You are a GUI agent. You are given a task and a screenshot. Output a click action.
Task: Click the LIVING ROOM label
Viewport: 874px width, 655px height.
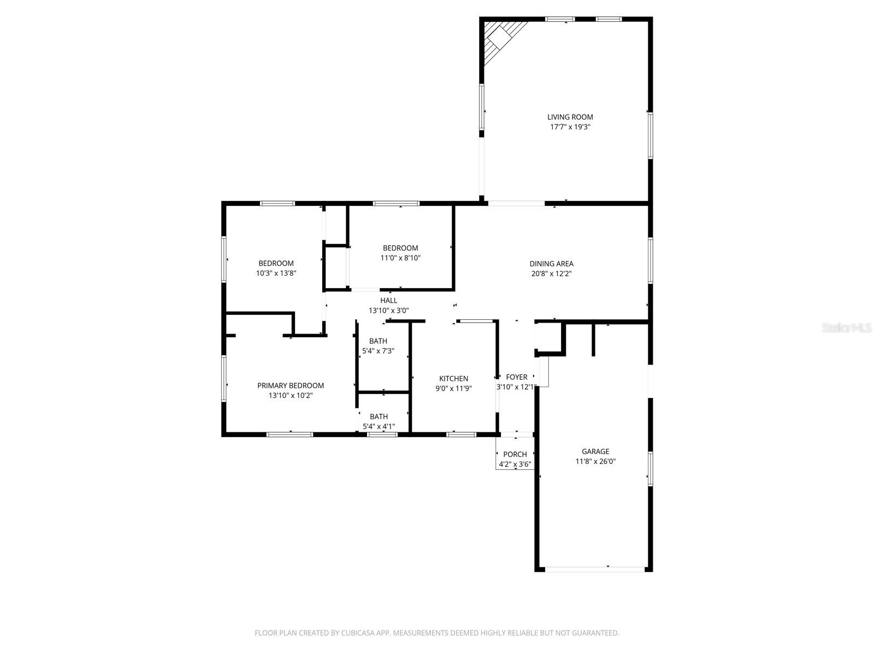570,117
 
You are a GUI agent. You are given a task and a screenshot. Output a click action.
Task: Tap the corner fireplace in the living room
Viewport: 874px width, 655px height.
498,38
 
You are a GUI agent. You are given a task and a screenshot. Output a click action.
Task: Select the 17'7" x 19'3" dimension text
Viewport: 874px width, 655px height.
570,127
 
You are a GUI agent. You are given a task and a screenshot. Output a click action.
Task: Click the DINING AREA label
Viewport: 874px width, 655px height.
551,264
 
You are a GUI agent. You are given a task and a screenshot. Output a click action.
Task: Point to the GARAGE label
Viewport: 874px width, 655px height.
595,451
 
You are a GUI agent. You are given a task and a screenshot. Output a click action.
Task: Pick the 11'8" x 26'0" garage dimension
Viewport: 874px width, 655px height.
595,461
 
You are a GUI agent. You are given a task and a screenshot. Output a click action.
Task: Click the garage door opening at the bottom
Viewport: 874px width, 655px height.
594,569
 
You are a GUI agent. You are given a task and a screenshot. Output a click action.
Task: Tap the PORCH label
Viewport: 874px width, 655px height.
515,454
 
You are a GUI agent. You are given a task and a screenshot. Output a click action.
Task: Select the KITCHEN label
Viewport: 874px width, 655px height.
453,379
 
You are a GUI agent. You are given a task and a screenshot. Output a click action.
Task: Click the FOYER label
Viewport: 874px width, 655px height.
516,377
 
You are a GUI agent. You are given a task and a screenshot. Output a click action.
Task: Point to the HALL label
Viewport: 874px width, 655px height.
388,300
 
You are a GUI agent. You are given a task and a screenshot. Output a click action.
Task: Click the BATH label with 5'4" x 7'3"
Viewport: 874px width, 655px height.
378,341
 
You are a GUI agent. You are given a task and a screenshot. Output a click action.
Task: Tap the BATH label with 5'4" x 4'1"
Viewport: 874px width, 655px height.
379,416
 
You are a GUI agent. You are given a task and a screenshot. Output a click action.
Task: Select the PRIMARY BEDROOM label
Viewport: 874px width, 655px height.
290,385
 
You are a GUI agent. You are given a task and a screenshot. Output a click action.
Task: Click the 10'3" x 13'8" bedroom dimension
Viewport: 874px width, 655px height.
276,273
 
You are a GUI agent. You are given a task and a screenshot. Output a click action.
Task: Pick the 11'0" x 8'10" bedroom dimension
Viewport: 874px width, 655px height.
400,258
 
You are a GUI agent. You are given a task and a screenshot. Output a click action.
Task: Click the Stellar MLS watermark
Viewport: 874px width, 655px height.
847,328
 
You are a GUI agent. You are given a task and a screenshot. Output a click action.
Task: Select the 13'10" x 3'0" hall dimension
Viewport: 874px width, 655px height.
388,311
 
